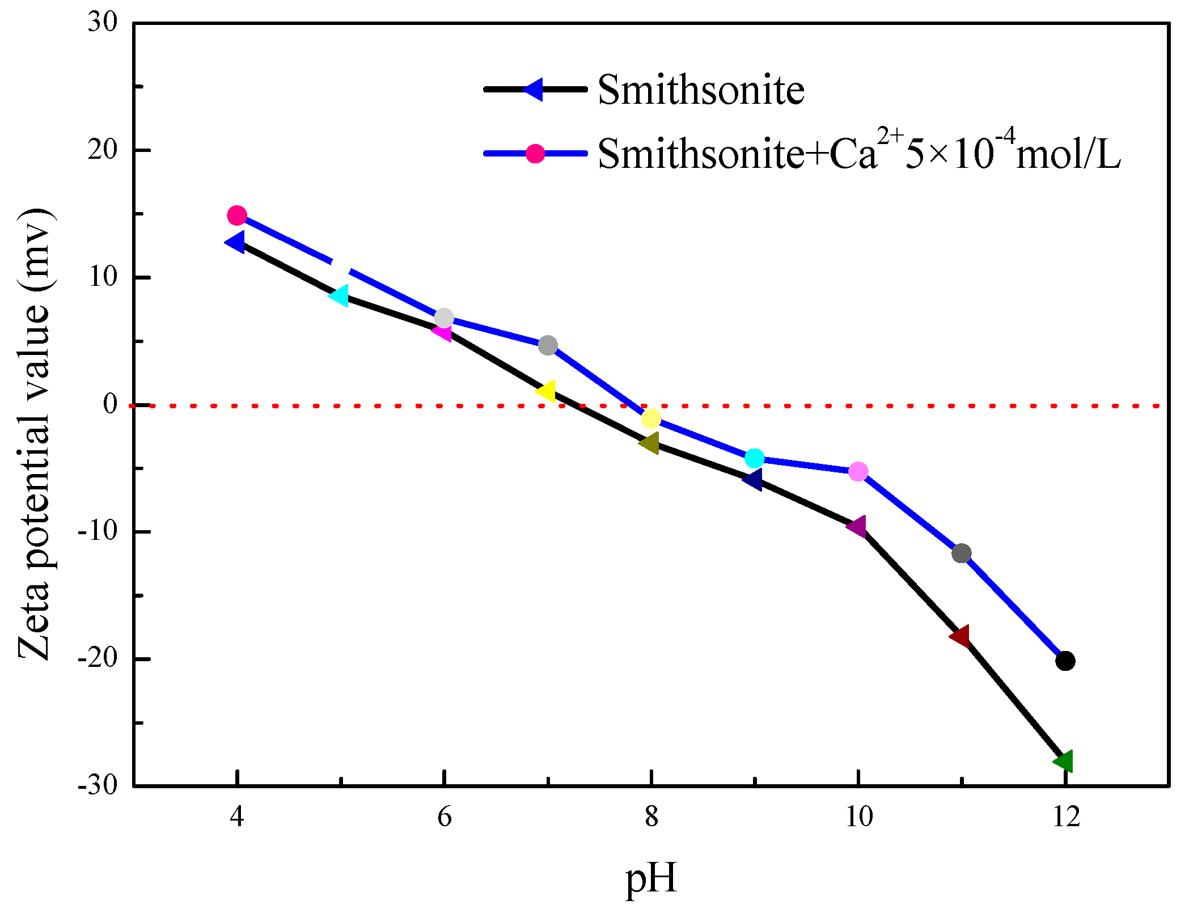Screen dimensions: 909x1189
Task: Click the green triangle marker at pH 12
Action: tap(1064, 760)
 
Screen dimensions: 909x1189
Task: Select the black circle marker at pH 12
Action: tap(1065, 661)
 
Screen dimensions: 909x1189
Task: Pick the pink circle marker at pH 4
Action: tap(237, 215)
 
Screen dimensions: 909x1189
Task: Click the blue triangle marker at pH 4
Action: tap(235, 242)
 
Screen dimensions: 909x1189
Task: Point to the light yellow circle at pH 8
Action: tap(651, 419)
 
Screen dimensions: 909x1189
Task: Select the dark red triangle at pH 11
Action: tap(960, 636)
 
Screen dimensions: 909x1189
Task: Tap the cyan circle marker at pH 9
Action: tap(755, 458)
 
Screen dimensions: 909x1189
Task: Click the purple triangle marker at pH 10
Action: tap(857, 527)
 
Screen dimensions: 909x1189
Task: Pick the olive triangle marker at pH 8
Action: tap(650, 443)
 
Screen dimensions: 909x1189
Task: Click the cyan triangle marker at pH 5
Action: tap(340, 295)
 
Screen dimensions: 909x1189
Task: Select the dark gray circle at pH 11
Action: tap(962, 553)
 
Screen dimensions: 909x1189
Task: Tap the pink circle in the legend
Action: tap(535, 153)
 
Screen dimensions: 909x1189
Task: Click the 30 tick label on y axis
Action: tap(103, 23)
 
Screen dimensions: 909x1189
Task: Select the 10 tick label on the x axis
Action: tap(859, 817)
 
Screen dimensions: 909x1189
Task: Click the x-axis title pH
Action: tap(651, 878)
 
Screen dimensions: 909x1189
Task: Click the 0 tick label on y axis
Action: tap(110, 404)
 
